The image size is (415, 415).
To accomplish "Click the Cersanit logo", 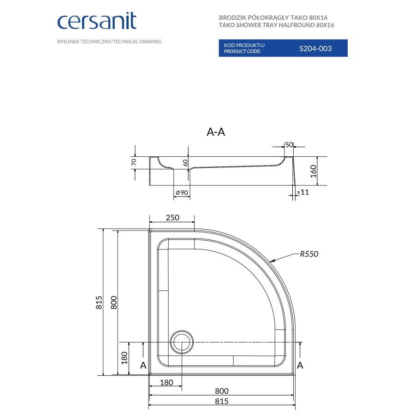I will [x=96, y=22].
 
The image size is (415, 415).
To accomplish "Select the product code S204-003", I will [x=315, y=48].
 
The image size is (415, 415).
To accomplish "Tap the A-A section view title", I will [x=216, y=132].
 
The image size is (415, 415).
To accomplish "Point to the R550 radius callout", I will [x=309, y=254].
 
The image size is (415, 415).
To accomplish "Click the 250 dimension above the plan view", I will [x=172, y=218].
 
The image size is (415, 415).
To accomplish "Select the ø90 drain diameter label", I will [x=181, y=192].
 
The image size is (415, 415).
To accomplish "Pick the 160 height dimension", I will [x=314, y=171].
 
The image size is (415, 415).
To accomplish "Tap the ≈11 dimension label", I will [x=302, y=192].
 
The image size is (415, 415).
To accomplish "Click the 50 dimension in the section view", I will [x=289, y=145].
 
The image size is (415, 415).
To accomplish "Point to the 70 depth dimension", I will [x=134, y=162].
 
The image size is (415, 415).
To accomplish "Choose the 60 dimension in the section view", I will [x=185, y=162].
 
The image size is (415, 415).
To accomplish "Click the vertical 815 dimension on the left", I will [x=99, y=302].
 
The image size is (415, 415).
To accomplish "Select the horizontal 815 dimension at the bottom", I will [x=222, y=402].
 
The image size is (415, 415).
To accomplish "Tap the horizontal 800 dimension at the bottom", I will [x=222, y=391].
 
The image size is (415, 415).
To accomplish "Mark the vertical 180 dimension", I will [x=124, y=357].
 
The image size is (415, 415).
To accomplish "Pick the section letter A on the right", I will [x=300, y=365].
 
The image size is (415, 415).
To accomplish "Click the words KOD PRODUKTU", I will [x=244, y=45].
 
